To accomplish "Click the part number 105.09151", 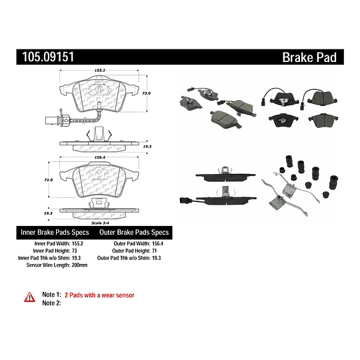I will click(x=45, y=58).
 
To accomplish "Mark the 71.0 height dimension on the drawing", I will click(x=47, y=180).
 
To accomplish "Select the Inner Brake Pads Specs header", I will click(x=54, y=233).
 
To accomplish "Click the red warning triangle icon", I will click(x=29, y=295).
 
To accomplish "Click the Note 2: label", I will click(x=51, y=303).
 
